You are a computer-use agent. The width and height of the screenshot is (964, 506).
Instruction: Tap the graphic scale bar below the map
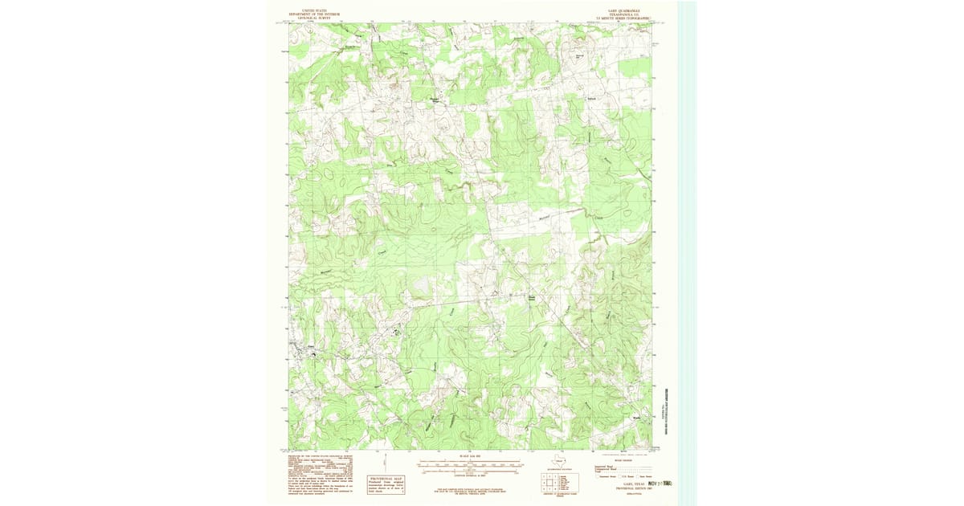(471, 463)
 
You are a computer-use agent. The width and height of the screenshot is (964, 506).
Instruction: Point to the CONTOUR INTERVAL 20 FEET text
(471, 475)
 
